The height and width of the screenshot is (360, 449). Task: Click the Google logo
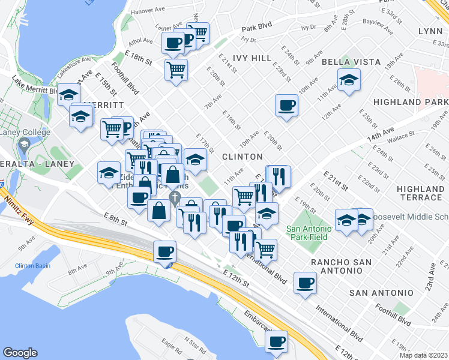tap(20, 353)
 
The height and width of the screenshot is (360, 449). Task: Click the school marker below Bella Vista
tap(349, 81)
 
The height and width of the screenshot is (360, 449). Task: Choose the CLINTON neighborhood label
tap(243, 157)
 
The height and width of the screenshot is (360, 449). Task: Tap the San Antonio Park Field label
tap(309, 233)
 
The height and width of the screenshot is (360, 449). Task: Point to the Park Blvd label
tap(257, 28)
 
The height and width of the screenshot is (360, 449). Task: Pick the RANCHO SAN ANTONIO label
tap(340, 268)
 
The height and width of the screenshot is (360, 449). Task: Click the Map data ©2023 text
tap(423, 355)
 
